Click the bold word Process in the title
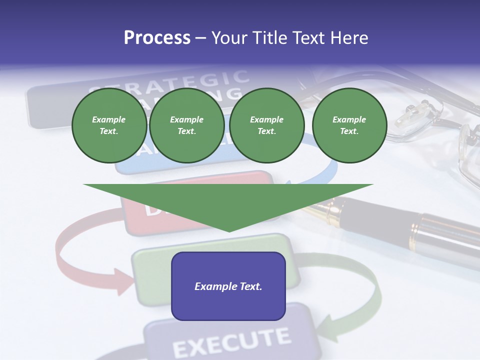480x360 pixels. [x=157, y=38]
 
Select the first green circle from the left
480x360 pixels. [x=109, y=125]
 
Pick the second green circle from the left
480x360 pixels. [x=187, y=125]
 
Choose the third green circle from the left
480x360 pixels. [x=266, y=125]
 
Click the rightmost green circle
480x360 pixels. [x=349, y=125]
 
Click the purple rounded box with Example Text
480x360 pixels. [x=228, y=286]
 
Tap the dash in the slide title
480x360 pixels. [x=200, y=38]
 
